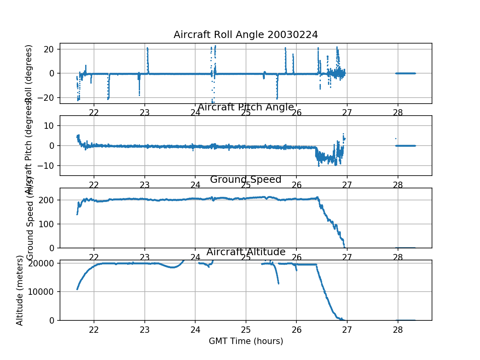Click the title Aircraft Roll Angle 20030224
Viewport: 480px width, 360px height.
point(246,35)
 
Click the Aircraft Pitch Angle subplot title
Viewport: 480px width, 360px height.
point(246,107)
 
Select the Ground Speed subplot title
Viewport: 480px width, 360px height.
point(246,180)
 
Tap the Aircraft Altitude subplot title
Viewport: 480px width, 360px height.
point(246,252)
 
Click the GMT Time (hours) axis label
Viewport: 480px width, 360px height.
point(246,341)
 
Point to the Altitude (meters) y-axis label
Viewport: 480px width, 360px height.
point(19,290)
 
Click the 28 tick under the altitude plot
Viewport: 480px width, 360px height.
point(398,329)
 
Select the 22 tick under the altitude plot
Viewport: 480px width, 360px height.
point(94,329)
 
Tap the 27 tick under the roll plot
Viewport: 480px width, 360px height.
point(347,112)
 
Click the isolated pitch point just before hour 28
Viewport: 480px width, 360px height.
point(396,138)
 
